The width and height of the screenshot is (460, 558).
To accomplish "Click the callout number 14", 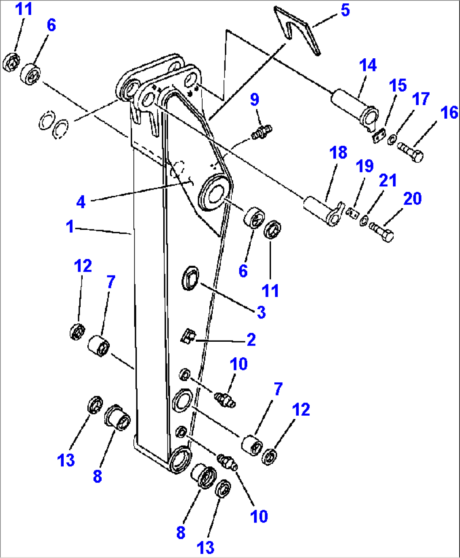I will pyautogui.click(x=368, y=65).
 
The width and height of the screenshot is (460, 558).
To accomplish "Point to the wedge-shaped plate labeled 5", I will pyautogui.click(x=297, y=30).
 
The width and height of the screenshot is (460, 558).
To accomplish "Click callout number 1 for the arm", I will pyautogui.click(x=70, y=227).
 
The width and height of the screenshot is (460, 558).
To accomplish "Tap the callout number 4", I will pyautogui.click(x=81, y=202).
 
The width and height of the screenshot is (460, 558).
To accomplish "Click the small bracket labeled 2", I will pyautogui.click(x=188, y=337).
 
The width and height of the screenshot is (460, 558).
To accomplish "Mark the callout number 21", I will pyautogui.click(x=387, y=180).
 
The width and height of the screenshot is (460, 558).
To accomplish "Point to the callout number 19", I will pyautogui.click(x=365, y=166).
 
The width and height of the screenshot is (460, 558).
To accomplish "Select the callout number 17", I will pyautogui.click(x=420, y=99).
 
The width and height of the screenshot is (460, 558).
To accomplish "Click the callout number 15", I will pyautogui.click(x=398, y=85).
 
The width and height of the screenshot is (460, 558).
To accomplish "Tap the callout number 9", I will pyautogui.click(x=254, y=100).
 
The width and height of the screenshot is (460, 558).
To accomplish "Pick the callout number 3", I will pyautogui.click(x=261, y=312).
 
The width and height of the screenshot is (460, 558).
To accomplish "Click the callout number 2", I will pyautogui.click(x=251, y=340).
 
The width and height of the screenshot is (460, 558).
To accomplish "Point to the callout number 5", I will pyautogui.click(x=345, y=10).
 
